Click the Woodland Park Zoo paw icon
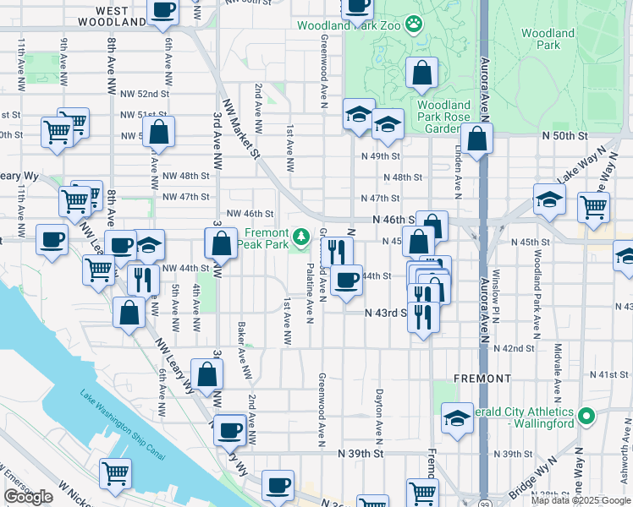[414, 24]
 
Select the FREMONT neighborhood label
[482, 378]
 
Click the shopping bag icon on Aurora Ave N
[477, 139]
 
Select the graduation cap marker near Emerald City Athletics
[457, 418]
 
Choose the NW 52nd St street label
[140, 94]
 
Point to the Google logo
[28, 498]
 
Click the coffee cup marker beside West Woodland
[162, 11]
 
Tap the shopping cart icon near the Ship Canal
[115, 473]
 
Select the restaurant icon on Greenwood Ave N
[337, 251]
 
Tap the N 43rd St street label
[386, 312]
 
